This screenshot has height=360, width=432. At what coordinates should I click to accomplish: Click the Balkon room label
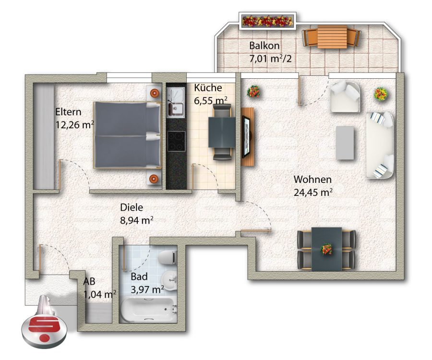(x=264, y=46)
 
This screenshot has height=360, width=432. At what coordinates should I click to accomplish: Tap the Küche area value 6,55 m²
(x=211, y=100)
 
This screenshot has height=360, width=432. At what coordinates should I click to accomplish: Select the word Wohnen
(x=312, y=180)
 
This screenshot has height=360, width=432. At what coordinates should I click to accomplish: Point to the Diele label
(x=132, y=207)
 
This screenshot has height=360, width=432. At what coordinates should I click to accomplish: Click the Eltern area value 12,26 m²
(x=75, y=125)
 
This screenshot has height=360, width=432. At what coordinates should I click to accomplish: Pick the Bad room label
(x=139, y=276)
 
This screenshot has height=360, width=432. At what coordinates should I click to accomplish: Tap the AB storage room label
(x=89, y=281)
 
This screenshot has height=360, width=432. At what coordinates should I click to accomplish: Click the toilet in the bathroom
(x=167, y=257)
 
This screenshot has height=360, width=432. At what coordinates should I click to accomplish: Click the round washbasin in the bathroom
(x=169, y=280)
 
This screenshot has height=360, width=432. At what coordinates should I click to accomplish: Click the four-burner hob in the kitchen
(x=176, y=141)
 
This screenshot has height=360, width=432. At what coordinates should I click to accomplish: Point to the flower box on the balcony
(x=267, y=21)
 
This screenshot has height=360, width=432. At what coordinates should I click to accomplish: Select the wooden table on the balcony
(x=332, y=37)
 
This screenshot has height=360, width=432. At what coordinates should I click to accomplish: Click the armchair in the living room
(x=345, y=96)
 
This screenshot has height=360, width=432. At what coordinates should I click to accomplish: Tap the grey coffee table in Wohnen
(x=345, y=143)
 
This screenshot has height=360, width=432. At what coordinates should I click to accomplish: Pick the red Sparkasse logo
(x=44, y=332)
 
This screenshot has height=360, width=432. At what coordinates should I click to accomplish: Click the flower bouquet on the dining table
(x=327, y=249)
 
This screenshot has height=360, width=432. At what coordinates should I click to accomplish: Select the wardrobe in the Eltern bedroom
(x=43, y=136)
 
